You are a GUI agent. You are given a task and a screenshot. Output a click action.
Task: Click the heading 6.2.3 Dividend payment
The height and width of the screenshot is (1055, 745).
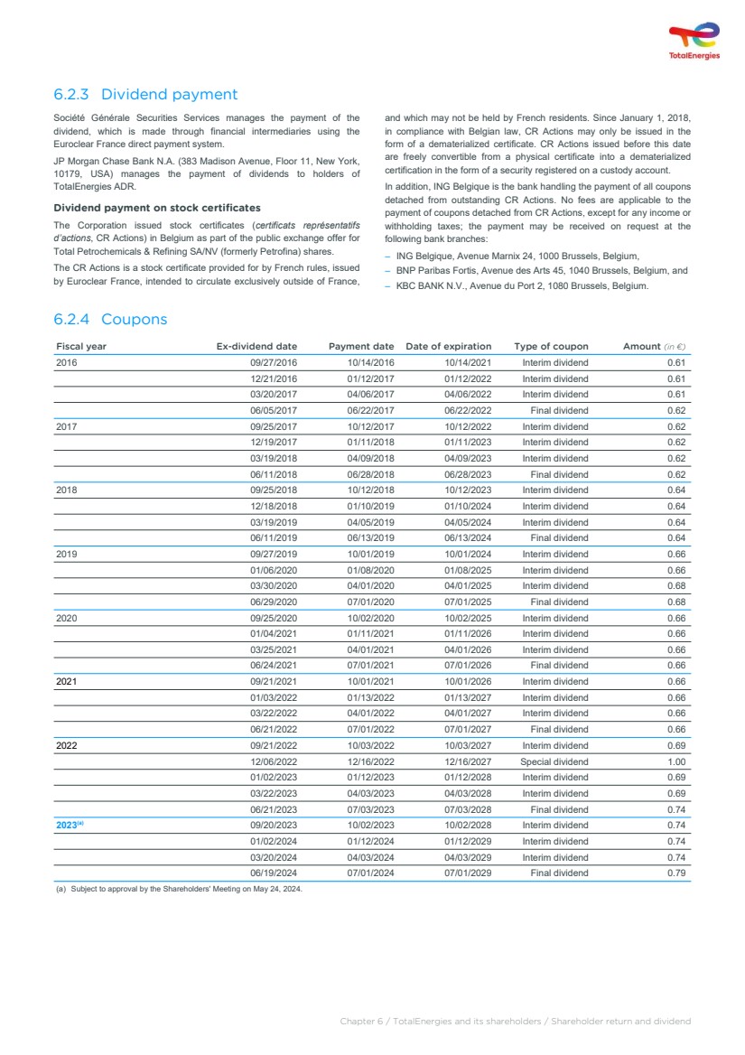[145, 94]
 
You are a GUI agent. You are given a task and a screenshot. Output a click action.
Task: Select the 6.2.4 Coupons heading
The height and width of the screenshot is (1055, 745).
[110, 319]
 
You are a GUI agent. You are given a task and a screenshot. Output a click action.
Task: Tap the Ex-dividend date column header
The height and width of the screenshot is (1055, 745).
[256, 346]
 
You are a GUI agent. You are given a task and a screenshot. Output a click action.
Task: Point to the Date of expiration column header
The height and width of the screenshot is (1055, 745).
[449, 346]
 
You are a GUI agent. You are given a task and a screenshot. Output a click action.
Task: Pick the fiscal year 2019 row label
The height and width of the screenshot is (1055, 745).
[67, 554]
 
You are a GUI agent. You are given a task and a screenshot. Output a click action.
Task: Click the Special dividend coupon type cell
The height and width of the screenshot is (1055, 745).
[554, 761]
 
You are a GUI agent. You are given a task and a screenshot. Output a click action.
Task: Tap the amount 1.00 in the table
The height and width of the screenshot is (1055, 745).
[676, 761]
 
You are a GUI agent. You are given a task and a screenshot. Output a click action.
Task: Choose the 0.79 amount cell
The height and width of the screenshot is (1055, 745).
[676, 873]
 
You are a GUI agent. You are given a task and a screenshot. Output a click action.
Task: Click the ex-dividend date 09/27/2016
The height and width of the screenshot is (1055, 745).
[274, 362]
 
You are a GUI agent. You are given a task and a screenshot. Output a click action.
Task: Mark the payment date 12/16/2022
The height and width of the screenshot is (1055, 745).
[370, 761]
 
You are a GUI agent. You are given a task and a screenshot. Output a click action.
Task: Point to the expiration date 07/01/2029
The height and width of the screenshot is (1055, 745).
[468, 873]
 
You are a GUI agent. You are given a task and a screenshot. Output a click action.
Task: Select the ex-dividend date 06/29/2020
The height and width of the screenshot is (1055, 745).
[274, 602]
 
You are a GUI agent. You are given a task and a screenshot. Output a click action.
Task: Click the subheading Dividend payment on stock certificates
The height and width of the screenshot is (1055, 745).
[157, 208]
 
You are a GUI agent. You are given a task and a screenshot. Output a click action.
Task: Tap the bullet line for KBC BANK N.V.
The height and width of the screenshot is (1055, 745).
[522, 286]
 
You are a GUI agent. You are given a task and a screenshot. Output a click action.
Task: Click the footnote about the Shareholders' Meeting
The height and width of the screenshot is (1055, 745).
[179, 889]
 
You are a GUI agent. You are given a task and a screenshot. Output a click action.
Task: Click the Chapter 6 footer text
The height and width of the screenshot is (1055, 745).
[515, 1021]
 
